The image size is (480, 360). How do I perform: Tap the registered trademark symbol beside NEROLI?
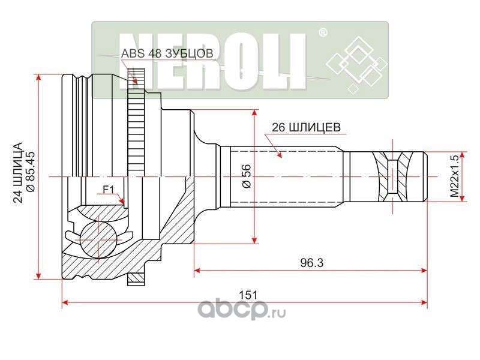(x=322, y=34)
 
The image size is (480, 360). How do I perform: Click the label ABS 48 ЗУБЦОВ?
(x=167, y=53)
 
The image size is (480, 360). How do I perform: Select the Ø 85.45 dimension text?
(x=31, y=174)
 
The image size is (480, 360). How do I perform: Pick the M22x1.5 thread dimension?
(x=454, y=178)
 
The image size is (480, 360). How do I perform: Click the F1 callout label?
(x=108, y=190)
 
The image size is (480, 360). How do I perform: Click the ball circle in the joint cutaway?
(x=97, y=238)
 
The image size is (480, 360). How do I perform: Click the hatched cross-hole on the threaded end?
(x=393, y=178)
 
